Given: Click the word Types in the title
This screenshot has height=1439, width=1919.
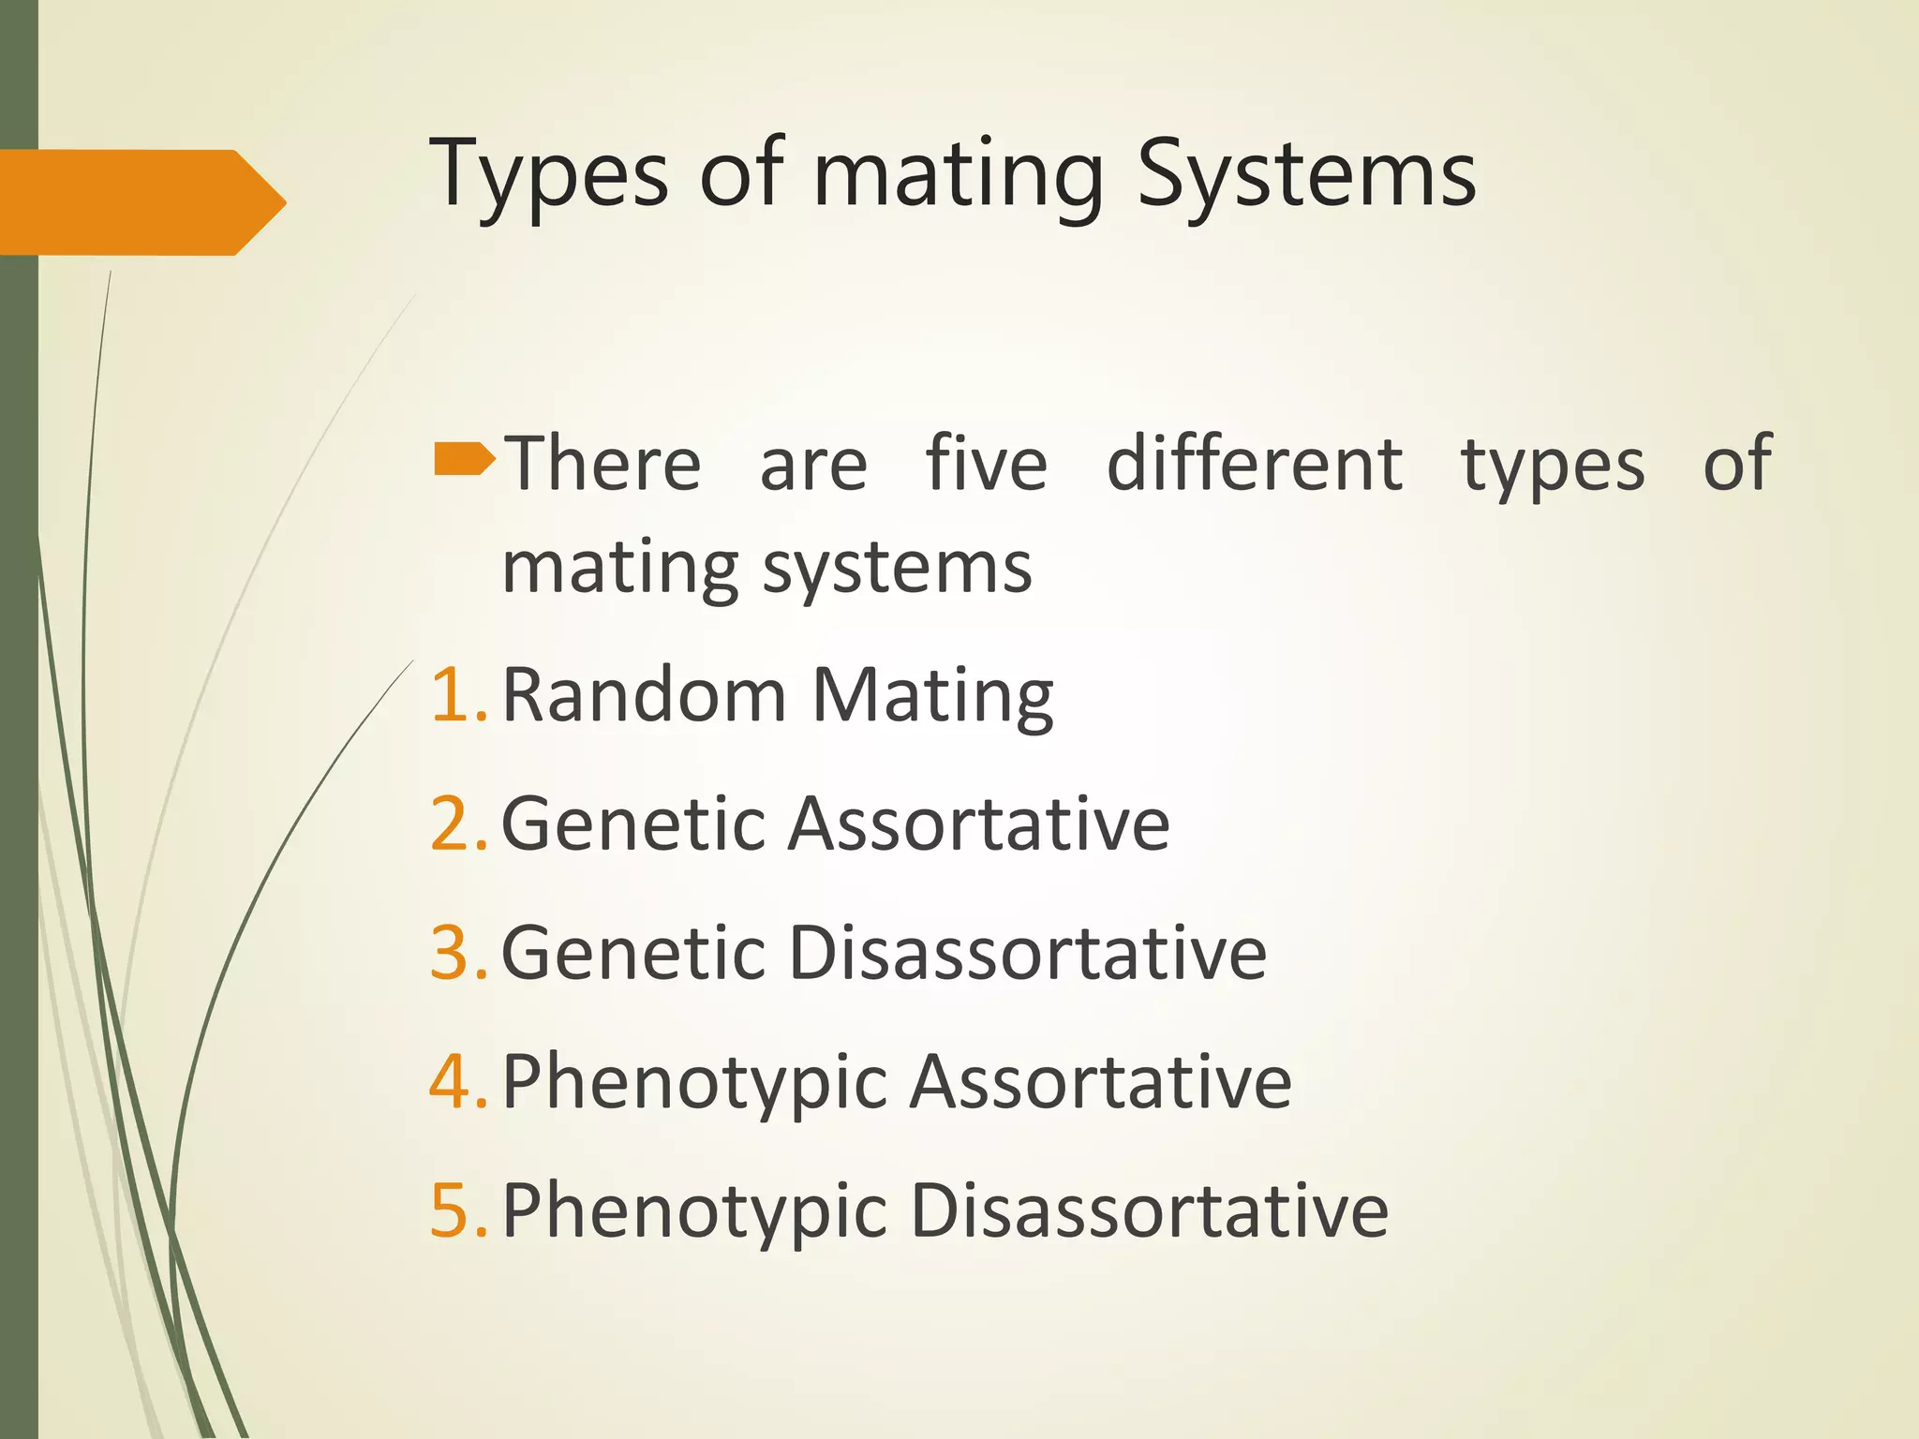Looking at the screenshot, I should tap(548, 175).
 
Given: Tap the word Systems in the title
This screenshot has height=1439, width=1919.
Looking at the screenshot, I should tap(1306, 175).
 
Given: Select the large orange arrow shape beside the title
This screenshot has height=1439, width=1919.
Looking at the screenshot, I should tap(141, 202).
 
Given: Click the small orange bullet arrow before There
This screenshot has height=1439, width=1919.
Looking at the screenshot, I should tap(464, 459).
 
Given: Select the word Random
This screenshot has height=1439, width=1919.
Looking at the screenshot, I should tap(644, 695).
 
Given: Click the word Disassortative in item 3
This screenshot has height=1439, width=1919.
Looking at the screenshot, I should tap(1028, 953).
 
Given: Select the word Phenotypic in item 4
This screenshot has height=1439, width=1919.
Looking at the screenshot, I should tap(694, 1083).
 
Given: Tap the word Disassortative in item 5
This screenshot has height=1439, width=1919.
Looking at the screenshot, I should tap(1149, 1210).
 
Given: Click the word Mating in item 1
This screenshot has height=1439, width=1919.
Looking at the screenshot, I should tap(932, 697).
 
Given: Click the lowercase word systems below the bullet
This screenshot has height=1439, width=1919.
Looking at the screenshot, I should tap(897, 569).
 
